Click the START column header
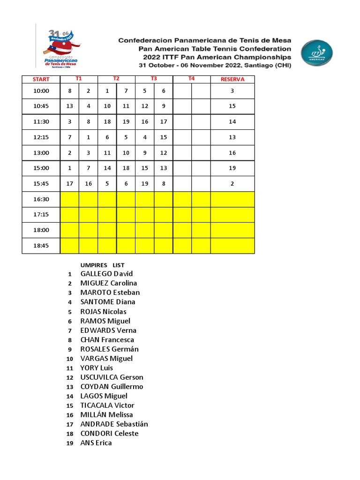[41, 79]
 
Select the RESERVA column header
[232, 79]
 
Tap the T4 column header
[191, 79]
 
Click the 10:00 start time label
[41, 91]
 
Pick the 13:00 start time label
[41, 153]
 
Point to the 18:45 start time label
[41, 246]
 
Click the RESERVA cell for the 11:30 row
[232, 122]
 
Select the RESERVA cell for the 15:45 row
[232, 184]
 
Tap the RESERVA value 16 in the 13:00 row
[232, 153]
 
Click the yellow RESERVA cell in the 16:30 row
[232, 199]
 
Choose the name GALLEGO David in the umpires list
[106, 274]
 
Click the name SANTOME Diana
[108, 302]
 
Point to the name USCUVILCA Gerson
[112, 377]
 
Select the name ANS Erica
[96, 443]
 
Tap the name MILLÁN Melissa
[106, 415]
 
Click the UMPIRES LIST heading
[102, 265]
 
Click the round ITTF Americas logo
[316, 53]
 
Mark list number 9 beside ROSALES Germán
[70, 349]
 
